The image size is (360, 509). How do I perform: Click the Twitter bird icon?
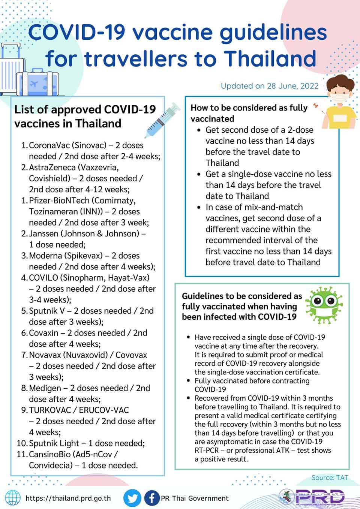pyautogui.click(x=132, y=498)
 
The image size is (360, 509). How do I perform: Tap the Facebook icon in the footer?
pyautogui.click(x=151, y=498)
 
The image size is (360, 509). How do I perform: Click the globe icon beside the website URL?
pyautogui.click(x=13, y=498)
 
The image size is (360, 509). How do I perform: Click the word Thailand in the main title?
pyautogui.click(x=270, y=59)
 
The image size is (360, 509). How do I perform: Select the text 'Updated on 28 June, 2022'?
pyautogui.click(x=270, y=86)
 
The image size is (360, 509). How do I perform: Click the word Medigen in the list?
pyautogui.click(x=45, y=388)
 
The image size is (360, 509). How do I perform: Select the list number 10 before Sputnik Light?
pyautogui.click(x=22, y=443)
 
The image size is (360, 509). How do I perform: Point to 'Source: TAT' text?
pyautogui.click(x=330, y=478)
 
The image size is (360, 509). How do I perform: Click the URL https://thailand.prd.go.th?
pyautogui.click(x=68, y=498)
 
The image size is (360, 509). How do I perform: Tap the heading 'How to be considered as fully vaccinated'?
pyautogui.click(x=249, y=113)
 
